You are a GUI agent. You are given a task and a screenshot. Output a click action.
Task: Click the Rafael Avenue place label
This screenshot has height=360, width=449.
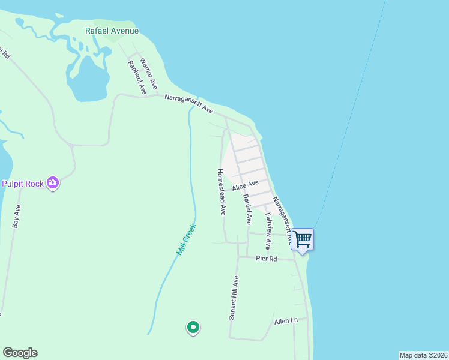112,31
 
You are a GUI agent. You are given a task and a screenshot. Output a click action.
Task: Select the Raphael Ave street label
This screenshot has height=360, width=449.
137,77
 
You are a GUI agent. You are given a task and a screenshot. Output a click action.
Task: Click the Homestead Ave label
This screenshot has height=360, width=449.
221,192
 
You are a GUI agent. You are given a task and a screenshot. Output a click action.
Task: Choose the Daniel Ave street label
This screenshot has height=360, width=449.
247,209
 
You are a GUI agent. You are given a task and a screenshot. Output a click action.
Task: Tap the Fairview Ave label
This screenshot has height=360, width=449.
268,231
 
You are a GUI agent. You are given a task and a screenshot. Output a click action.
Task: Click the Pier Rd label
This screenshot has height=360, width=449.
266,259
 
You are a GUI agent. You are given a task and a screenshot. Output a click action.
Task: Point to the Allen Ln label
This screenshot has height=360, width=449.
286,321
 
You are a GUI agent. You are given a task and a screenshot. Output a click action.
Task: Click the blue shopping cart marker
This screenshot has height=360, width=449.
302,239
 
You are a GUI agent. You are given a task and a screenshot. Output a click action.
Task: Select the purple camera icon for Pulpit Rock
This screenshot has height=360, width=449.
53,183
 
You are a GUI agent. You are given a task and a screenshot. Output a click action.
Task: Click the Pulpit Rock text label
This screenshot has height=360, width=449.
23,184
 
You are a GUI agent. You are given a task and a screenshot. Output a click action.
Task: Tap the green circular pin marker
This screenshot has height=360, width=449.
193,328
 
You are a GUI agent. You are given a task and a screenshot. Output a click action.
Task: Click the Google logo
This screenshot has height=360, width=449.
20,353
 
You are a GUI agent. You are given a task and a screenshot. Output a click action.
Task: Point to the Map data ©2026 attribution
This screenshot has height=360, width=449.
423,355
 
